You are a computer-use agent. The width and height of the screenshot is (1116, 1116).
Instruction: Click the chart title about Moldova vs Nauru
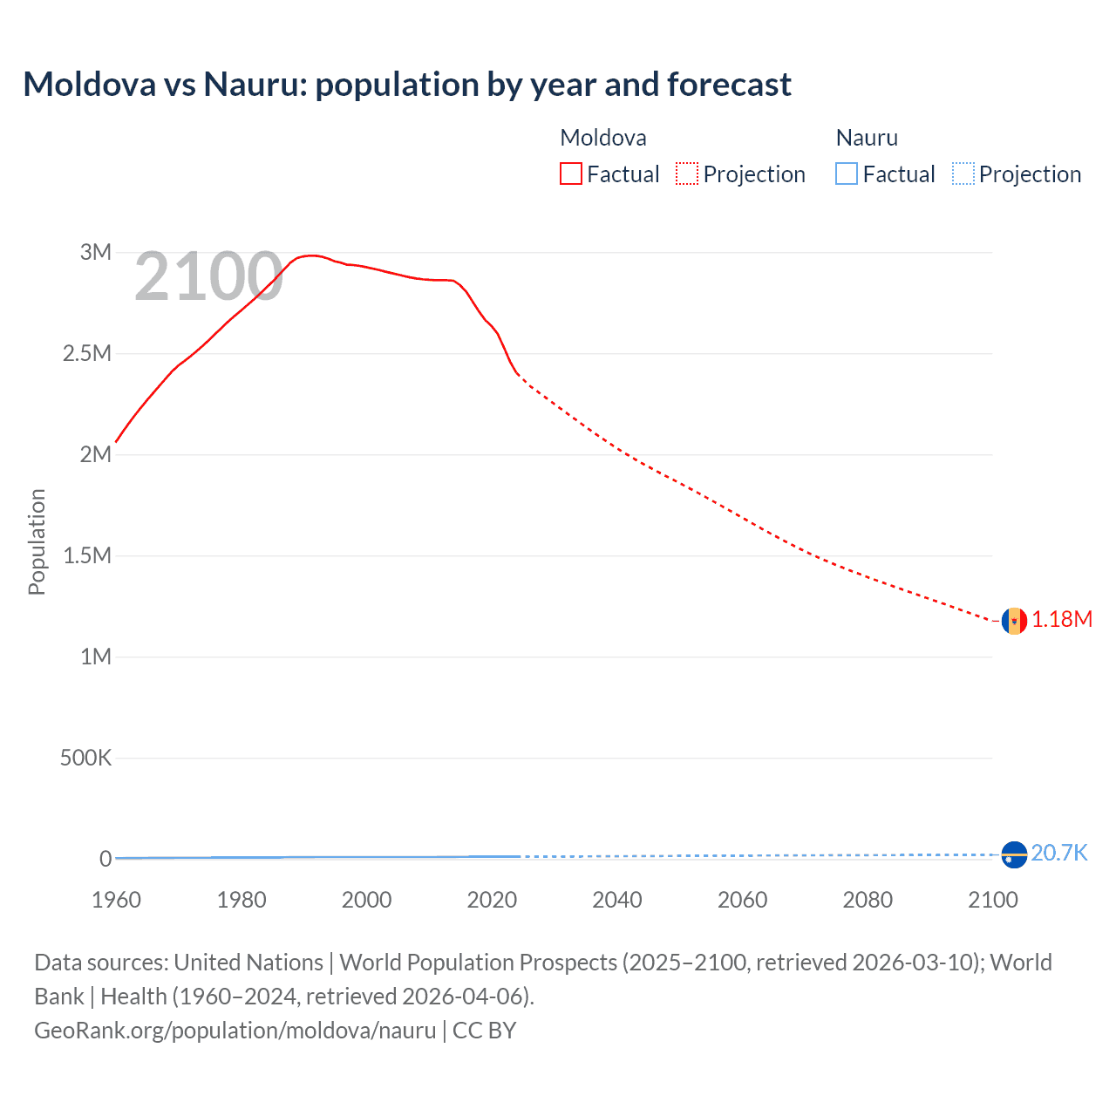tap(407, 85)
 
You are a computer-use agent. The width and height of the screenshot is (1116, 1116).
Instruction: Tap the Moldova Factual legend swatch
tap(571, 174)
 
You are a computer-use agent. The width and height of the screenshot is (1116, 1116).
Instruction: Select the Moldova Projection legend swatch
tap(687, 174)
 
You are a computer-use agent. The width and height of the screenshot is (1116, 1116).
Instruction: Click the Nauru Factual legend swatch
tap(847, 174)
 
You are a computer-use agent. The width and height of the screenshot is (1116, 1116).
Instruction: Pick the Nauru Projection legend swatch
tap(963, 174)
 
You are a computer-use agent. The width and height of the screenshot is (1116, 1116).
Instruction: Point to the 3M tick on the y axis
tap(96, 252)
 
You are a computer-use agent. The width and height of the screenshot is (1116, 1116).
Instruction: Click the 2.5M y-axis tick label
tap(87, 353)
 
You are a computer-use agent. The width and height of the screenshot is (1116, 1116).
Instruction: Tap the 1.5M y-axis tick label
tap(87, 555)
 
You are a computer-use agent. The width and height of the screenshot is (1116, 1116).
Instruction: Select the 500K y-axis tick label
tap(85, 758)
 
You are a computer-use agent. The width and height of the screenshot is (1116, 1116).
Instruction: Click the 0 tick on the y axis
tap(105, 859)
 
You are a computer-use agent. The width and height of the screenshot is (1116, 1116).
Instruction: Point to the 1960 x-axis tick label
tap(116, 900)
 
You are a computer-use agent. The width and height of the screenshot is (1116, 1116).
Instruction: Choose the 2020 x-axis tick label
tap(492, 900)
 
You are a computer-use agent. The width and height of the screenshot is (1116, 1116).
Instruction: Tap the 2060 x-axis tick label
tap(742, 900)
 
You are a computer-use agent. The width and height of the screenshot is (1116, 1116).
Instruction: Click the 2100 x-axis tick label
tap(992, 900)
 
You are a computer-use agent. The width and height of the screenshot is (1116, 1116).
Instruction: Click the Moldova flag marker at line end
tap(1014, 621)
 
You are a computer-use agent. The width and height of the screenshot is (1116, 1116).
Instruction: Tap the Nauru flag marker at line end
tap(1014, 855)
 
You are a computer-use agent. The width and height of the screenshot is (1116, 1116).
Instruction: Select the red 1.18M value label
tap(1062, 619)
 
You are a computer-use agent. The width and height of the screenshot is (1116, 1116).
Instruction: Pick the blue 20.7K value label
tap(1059, 853)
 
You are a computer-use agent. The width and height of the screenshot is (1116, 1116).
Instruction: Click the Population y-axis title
tap(37, 541)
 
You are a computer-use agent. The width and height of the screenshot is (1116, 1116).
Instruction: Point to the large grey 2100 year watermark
tap(208, 277)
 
